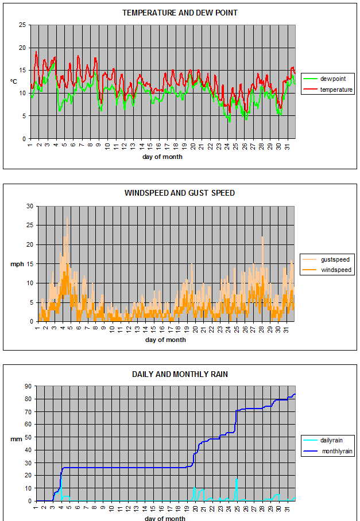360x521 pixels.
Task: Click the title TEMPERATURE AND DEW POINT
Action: click(x=180, y=13)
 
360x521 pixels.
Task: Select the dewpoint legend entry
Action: click(x=328, y=79)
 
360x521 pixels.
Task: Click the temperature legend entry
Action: click(x=328, y=90)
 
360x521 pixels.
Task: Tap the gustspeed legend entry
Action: click(x=326, y=259)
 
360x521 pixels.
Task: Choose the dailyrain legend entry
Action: click(x=323, y=440)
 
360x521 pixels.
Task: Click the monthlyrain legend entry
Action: click(x=328, y=451)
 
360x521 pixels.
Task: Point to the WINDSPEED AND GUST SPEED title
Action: click(x=180, y=193)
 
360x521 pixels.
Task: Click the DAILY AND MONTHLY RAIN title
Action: click(x=180, y=375)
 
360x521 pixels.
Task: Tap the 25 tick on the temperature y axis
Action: click(x=22, y=25)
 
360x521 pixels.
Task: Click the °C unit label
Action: click(x=14, y=81)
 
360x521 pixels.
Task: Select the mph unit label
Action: click(x=17, y=264)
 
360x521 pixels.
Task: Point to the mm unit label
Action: click(x=16, y=440)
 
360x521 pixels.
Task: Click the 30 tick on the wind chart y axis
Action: click(x=30, y=207)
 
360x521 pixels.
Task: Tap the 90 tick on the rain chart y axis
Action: click(x=28, y=386)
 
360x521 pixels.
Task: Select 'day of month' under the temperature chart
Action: click(x=162, y=157)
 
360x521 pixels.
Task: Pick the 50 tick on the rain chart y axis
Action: click(x=28, y=437)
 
